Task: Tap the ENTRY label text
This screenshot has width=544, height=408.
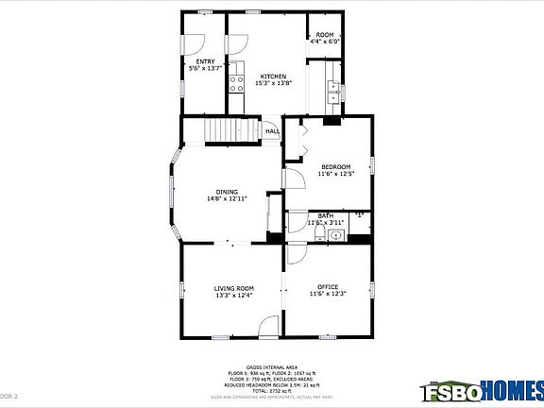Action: pyautogui.click(x=205, y=62)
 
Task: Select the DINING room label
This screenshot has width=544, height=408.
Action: pyautogui.click(x=227, y=192)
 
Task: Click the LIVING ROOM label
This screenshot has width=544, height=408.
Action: pyautogui.click(x=234, y=288)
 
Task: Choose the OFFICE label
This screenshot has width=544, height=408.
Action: pyautogui.click(x=328, y=287)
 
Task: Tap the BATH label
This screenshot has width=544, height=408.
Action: pyautogui.click(x=324, y=216)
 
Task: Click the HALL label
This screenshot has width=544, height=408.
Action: pyautogui.click(x=272, y=131)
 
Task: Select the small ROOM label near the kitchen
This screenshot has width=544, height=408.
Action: pyautogui.click(x=325, y=35)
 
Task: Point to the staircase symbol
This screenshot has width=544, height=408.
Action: pyautogui.click(x=232, y=129)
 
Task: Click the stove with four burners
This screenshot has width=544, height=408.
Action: pyautogui.click(x=236, y=83)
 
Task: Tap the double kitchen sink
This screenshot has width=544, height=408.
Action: pyautogui.click(x=332, y=91)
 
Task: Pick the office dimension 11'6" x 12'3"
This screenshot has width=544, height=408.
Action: pyautogui.click(x=328, y=295)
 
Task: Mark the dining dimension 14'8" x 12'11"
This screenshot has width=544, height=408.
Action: pyautogui.click(x=227, y=199)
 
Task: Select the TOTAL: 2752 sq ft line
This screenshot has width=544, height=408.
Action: pyautogui.click(x=272, y=390)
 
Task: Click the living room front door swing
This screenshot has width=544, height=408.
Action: pyautogui.click(x=268, y=328)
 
